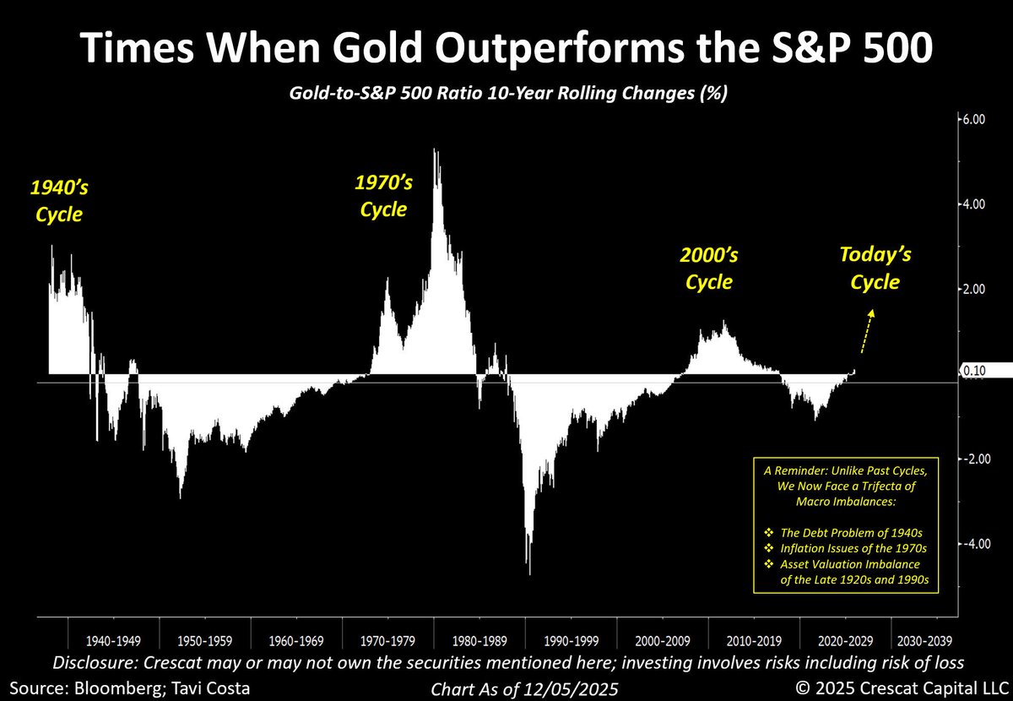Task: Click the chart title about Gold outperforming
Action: click(506, 49)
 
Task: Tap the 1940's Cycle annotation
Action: click(59, 201)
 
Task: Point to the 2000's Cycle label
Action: click(708, 269)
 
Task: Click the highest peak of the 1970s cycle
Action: click(435, 150)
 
